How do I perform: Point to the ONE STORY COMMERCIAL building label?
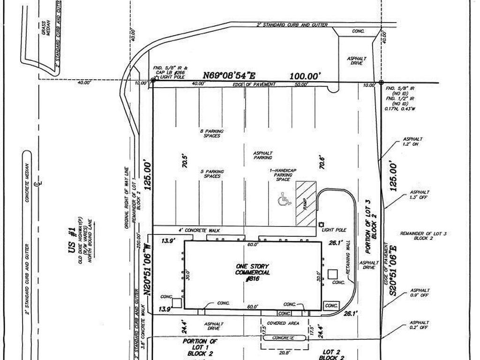[253, 272]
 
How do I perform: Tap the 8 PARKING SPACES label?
[212, 133]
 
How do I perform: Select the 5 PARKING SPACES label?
[212, 173]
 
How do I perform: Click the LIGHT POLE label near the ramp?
[337, 230]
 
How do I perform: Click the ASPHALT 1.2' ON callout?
[412, 142]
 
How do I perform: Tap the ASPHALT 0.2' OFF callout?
[419, 325]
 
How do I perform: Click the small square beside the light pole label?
[321, 225]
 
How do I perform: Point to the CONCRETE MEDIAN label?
[27, 183]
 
